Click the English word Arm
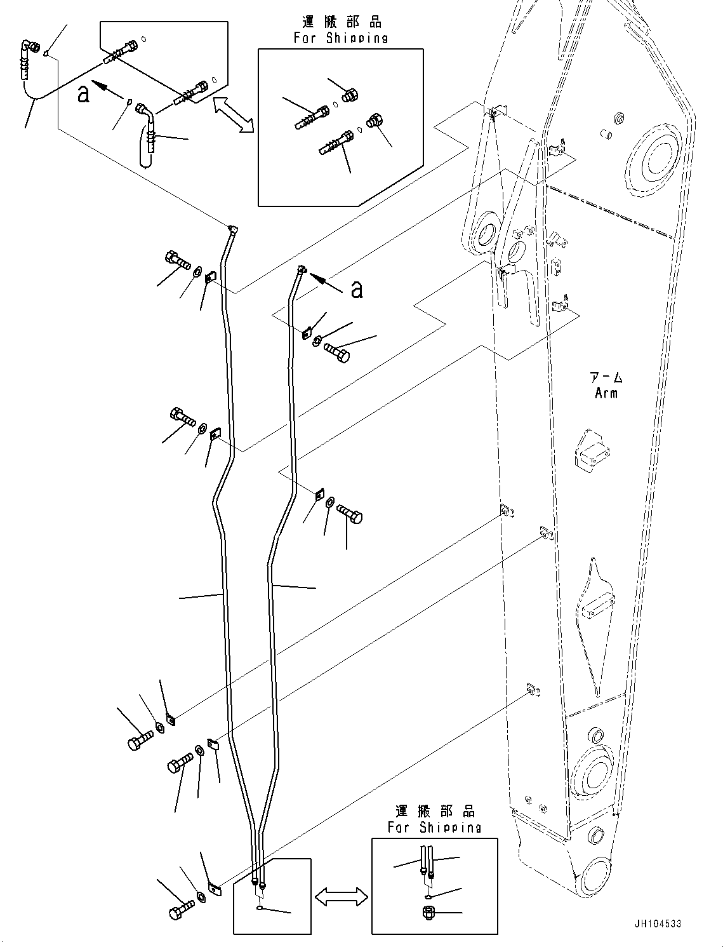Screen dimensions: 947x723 tap(606, 393)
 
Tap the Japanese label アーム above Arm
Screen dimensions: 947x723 tap(606, 377)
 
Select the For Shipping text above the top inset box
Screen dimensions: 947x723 tap(341, 38)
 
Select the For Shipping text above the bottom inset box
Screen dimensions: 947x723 tap(435, 827)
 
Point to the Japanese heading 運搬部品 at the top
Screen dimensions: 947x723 tap(342, 23)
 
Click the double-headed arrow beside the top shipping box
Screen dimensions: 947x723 tap(233, 115)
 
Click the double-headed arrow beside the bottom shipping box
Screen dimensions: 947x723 tap(342, 896)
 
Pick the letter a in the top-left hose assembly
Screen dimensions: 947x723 tap(83, 94)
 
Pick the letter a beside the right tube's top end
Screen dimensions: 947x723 tap(357, 289)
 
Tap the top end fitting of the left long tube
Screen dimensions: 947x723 tap(233, 230)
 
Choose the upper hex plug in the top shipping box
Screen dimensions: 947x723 tap(347, 96)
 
